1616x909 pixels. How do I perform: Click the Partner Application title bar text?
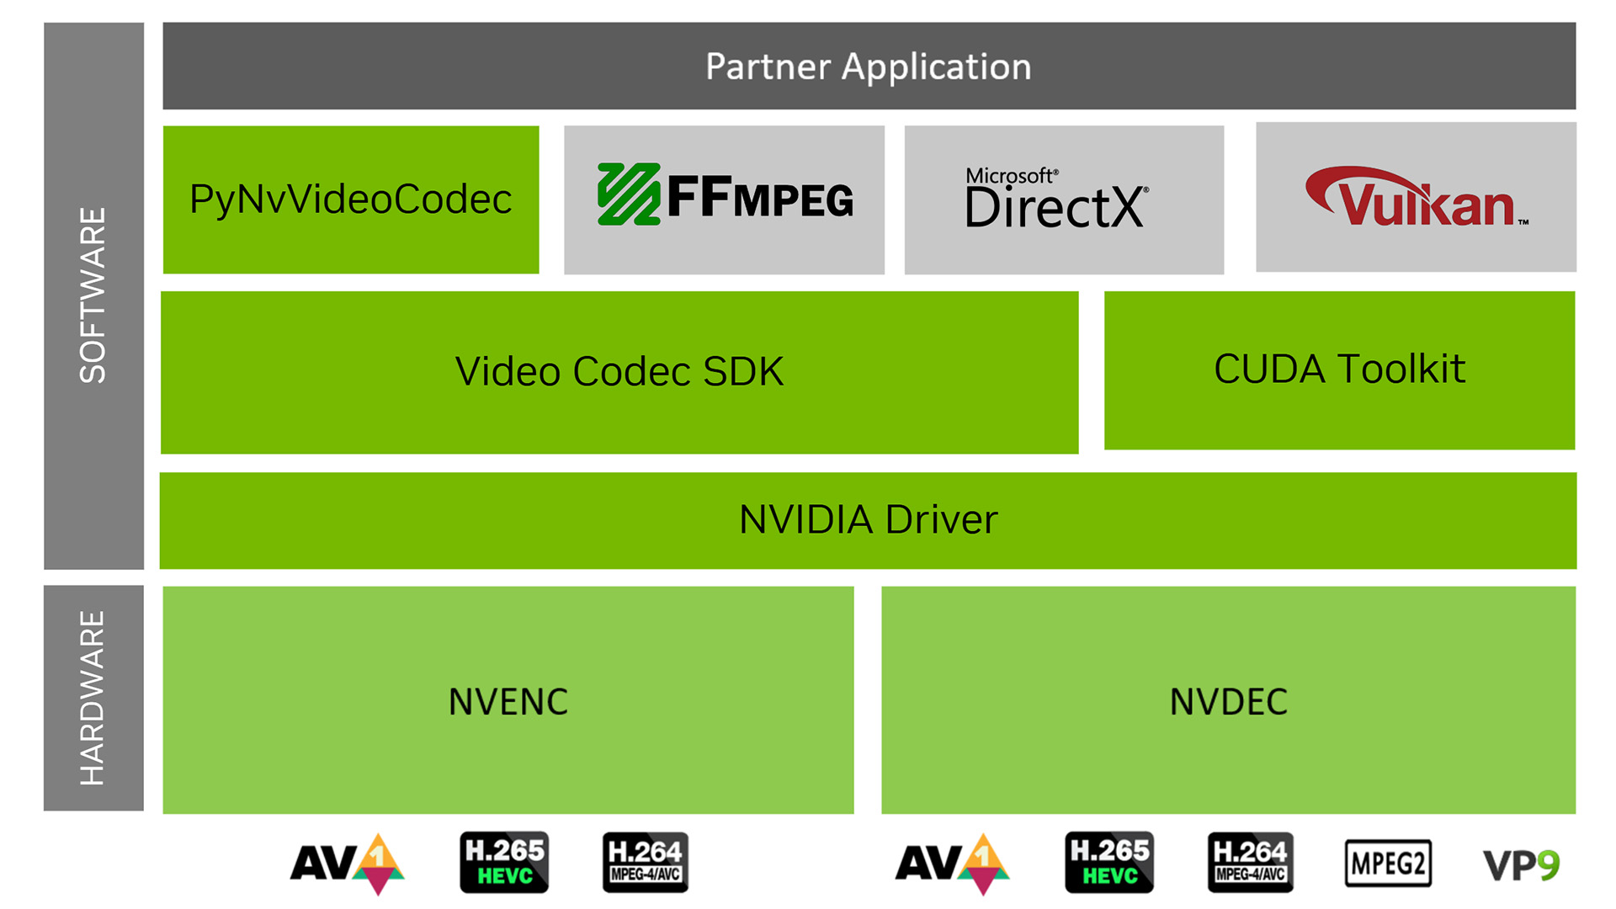tap(868, 66)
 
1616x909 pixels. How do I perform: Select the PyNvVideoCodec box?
tap(351, 199)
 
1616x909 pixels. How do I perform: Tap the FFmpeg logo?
tap(725, 195)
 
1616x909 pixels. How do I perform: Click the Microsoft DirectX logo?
tap(1056, 199)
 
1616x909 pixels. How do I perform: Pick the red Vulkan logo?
tap(1416, 198)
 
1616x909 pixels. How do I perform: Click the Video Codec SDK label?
tap(619, 371)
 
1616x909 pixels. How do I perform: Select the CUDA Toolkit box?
tap(1339, 369)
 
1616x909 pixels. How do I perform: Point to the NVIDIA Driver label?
tap(868, 519)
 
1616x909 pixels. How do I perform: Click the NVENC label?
tap(508, 701)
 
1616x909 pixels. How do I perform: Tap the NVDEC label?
tap(1228, 701)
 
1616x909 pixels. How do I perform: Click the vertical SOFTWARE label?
tap(93, 295)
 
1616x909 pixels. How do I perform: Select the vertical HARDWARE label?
tap(93, 698)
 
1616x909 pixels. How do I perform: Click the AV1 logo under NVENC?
tap(348, 864)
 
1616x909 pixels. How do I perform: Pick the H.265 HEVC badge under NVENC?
tap(504, 863)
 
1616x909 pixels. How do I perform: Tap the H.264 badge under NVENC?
tap(646, 863)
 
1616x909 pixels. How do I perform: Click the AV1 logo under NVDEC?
tap(952, 864)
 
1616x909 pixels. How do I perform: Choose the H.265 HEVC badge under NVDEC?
tap(1109, 863)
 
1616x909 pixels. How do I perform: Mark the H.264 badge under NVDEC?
tap(1250, 863)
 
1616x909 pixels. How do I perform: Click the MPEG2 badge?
tap(1388, 864)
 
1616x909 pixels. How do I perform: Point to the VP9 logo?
tap(1521, 865)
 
